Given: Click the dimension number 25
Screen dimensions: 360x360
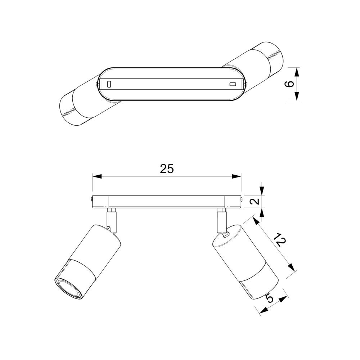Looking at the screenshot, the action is (167, 169).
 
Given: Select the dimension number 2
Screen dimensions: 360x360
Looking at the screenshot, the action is (255, 201).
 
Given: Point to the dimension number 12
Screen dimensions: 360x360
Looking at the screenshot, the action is (280, 240).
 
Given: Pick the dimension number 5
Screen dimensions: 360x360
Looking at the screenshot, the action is (270, 298).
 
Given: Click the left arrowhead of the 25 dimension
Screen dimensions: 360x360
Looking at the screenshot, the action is (97, 176).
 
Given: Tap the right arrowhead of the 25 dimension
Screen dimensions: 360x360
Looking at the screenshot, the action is (237, 176).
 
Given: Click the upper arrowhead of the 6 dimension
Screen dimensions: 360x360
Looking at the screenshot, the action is (297, 72).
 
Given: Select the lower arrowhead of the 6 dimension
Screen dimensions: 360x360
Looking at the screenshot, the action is (297, 96).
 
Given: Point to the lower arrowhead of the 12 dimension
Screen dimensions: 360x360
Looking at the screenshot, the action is (291, 267).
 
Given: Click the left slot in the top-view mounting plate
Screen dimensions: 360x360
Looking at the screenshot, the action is (109, 84).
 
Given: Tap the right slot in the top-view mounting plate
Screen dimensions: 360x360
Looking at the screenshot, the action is (233, 84).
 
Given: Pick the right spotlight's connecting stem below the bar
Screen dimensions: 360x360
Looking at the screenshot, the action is (221, 220).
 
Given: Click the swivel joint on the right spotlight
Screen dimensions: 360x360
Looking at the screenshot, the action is (225, 235).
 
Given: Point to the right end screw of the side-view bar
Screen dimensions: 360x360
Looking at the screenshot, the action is (242, 199).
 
